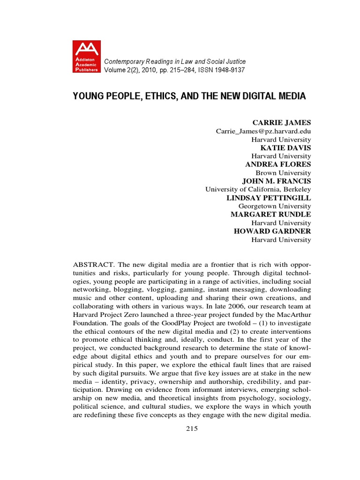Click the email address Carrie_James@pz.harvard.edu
pos(263,131)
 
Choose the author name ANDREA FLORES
pos(278,165)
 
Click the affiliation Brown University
pos(283,172)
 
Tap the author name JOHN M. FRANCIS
pos(276,181)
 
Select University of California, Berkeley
pos(258,189)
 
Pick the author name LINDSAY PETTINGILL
pos(269,198)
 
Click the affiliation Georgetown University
pos(275,206)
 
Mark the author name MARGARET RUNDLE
pos(270,215)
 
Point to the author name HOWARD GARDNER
pos(272,232)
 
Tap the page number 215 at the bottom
pos(192,428)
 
